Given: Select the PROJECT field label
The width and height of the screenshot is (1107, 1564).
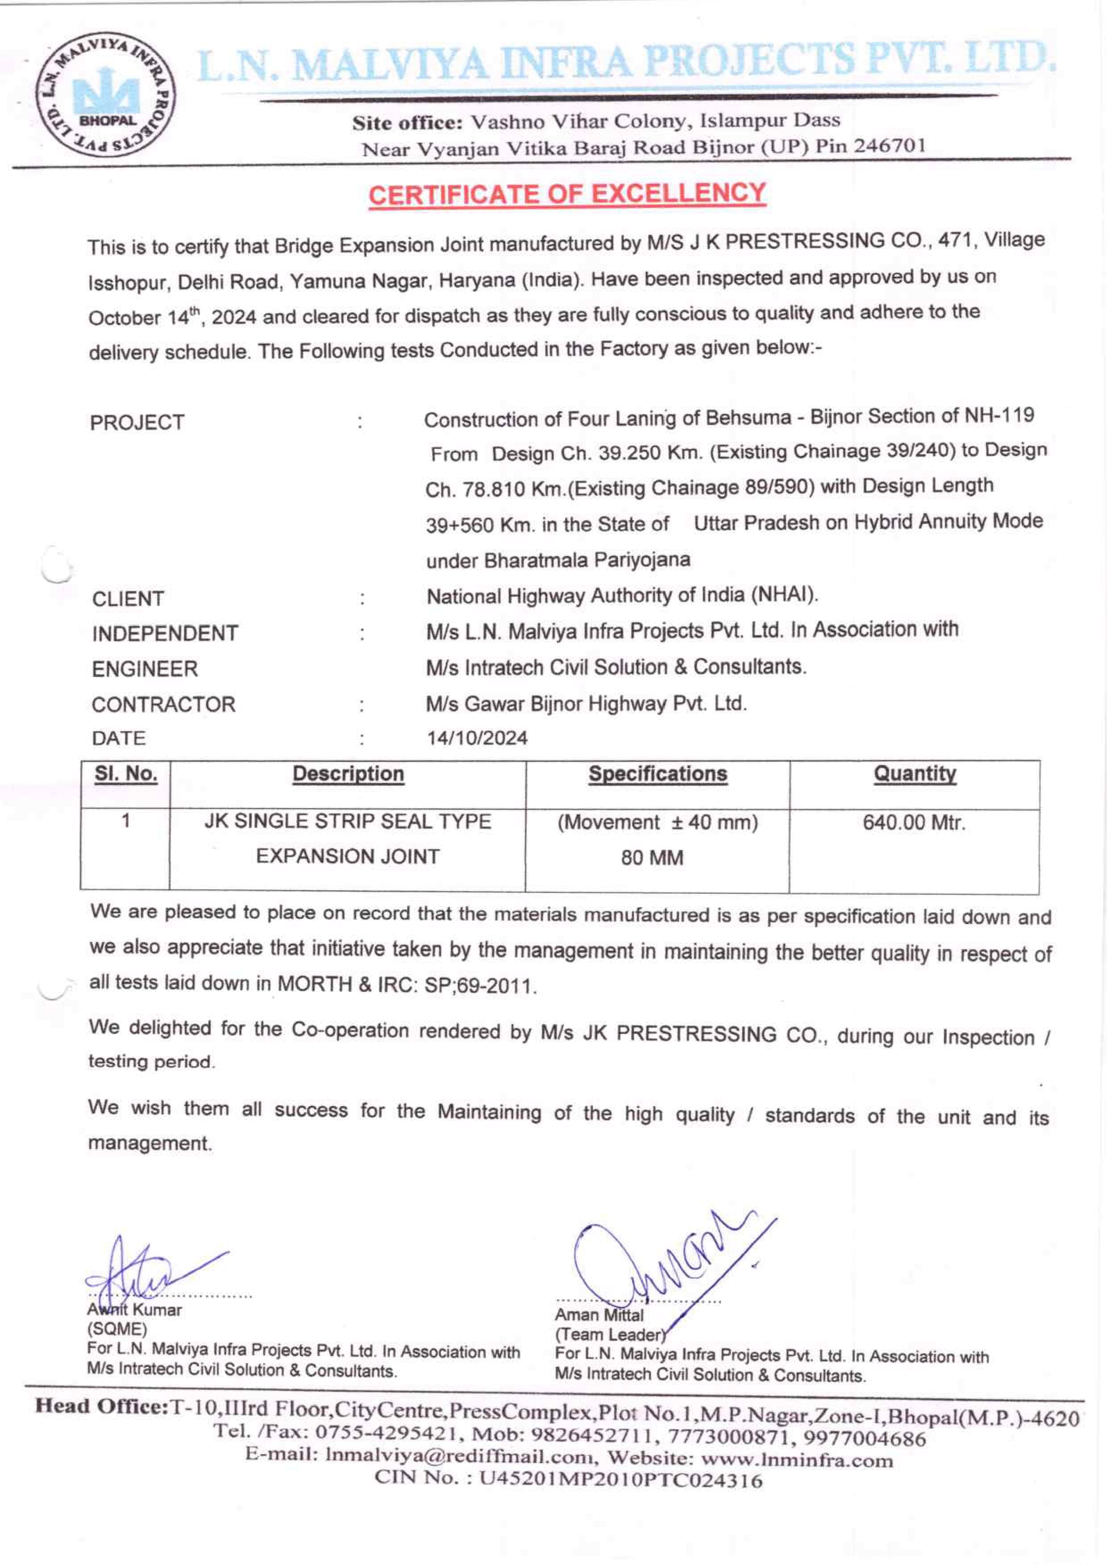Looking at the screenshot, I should click(x=137, y=423).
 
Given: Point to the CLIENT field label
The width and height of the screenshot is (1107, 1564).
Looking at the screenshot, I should click(x=128, y=599).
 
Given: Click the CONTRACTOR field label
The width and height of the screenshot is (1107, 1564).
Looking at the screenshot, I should click(x=164, y=705).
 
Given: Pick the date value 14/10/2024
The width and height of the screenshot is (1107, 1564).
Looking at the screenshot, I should click(x=477, y=738).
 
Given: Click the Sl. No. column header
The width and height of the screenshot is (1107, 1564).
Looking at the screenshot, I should click(x=126, y=774).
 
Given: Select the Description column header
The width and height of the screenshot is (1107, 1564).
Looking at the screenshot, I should click(x=348, y=774).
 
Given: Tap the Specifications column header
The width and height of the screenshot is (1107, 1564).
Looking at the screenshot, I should click(x=658, y=774).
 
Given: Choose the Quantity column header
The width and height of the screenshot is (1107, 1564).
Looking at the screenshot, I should click(x=915, y=774).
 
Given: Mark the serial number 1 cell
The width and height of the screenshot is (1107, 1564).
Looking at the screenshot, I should click(x=126, y=821).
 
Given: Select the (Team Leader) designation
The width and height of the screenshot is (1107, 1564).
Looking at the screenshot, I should click(x=609, y=1335).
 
